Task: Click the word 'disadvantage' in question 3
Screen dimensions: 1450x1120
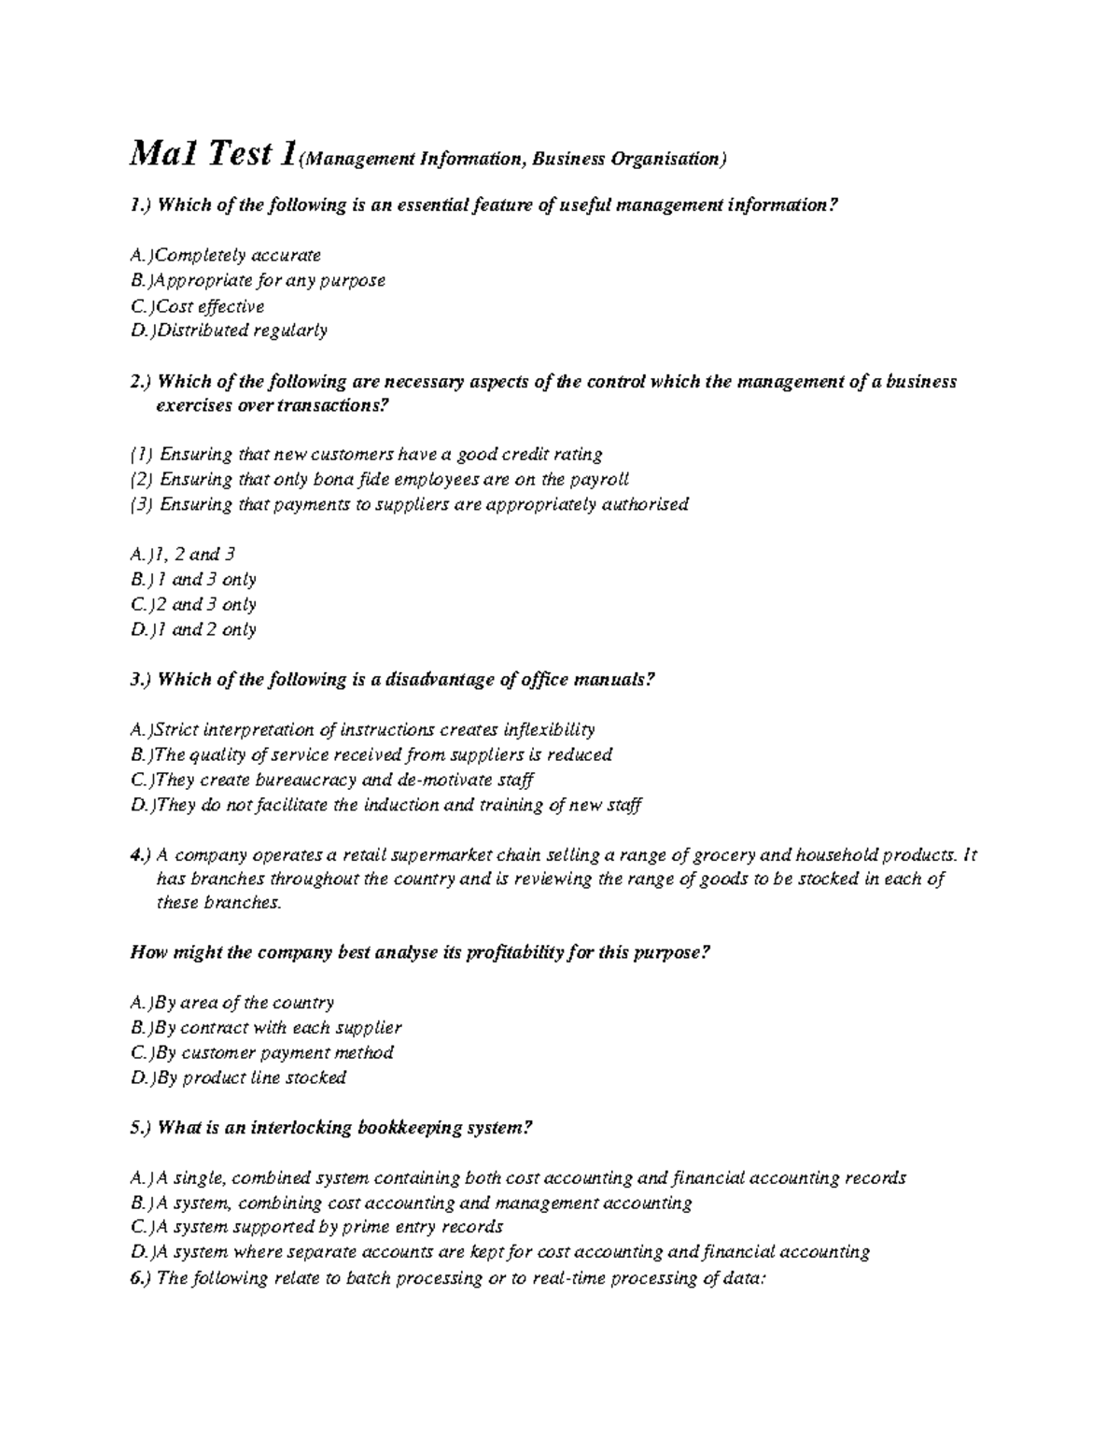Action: pos(433,680)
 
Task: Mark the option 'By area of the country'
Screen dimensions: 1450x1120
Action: pos(232,1003)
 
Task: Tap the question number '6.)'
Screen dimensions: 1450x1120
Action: pos(140,1278)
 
